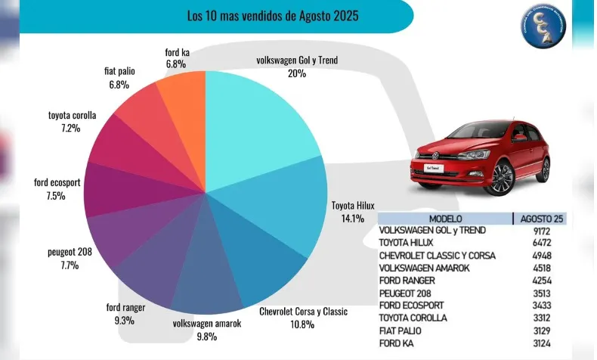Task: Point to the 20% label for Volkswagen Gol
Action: tap(296, 73)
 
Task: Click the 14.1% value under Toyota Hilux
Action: tap(352, 218)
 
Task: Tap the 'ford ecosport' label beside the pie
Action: tap(57, 182)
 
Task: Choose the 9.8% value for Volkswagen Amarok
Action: tap(206, 336)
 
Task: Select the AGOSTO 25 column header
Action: tap(541, 219)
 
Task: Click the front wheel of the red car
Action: tap(502, 179)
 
